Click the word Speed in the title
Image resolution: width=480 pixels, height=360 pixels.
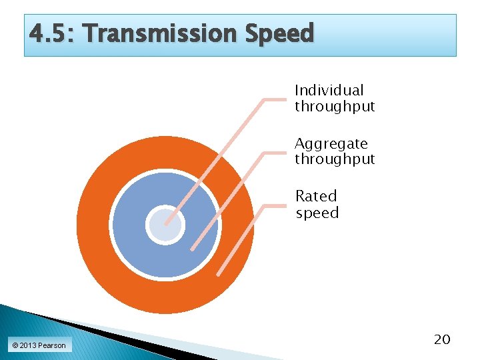click(279, 33)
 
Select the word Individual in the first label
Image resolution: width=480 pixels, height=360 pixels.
click(329, 90)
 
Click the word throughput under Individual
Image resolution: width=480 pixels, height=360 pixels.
click(335, 107)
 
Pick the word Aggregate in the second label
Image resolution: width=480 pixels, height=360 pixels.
click(331, 143)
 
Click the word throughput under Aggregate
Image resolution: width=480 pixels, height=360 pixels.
click(335, 159)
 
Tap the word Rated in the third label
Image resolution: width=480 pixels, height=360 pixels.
click(316, 196)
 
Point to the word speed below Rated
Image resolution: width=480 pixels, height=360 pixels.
click(317, 213)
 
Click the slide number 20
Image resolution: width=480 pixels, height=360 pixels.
click(442, 340)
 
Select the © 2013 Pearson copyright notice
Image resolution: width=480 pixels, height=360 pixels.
click(38, 345)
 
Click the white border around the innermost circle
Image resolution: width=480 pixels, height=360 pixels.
click(147, 225)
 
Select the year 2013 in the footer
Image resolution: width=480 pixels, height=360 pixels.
click(28, 345)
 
